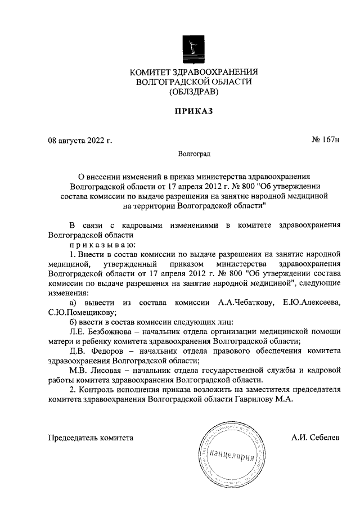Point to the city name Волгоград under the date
[193, 153]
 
